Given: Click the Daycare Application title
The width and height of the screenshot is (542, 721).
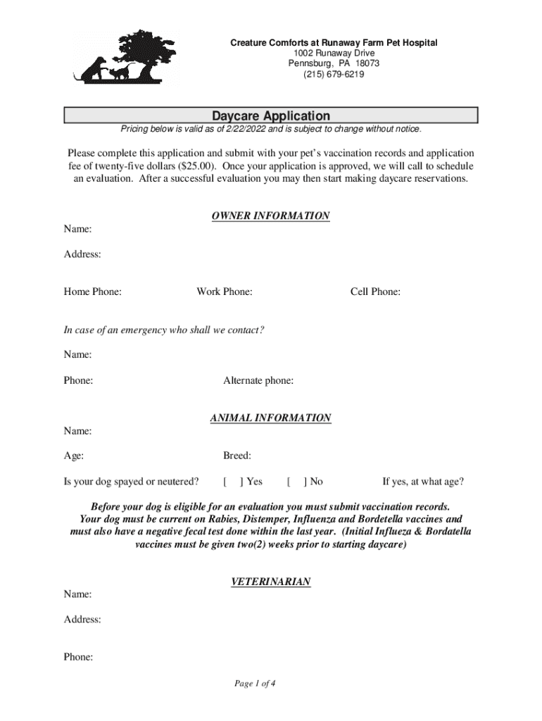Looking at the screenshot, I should click(271, 115).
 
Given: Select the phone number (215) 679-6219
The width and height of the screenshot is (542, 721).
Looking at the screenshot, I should click(334, 74).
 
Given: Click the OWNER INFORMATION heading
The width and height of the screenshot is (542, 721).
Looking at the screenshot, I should click(271, 216).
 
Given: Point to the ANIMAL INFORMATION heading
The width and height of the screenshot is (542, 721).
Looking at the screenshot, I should click(271, 418).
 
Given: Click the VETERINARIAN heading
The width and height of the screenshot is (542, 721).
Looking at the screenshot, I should click(271, 582).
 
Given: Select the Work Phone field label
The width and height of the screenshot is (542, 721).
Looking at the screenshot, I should click(225, 291).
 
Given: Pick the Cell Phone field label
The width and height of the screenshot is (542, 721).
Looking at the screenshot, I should click(375, 291).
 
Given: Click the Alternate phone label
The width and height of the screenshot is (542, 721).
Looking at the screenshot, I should click(258, 381).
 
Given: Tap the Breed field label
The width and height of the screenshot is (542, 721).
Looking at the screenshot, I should click(237, 456).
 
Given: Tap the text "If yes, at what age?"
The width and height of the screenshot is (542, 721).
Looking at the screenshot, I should click(423, 482).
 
